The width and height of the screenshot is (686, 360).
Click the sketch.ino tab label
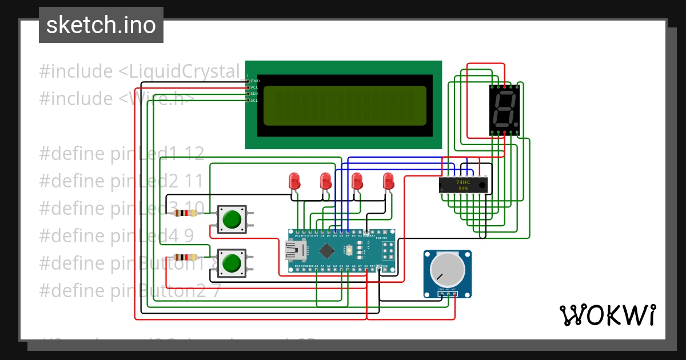101,25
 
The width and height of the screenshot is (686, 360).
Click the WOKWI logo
607,315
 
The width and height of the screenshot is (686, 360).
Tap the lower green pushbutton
232,263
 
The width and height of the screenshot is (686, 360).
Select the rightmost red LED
389,181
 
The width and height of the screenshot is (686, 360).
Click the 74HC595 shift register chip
463,185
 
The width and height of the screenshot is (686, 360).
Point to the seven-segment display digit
505,110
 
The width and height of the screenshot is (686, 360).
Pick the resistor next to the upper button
184,213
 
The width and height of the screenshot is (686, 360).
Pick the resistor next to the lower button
184,257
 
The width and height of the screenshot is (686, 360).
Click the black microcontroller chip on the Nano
326,251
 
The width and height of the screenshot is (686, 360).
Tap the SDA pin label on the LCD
254,94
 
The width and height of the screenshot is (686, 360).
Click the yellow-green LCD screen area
345,106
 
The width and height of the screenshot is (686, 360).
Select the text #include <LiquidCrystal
139,71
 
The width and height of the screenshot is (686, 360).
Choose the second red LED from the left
326,181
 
